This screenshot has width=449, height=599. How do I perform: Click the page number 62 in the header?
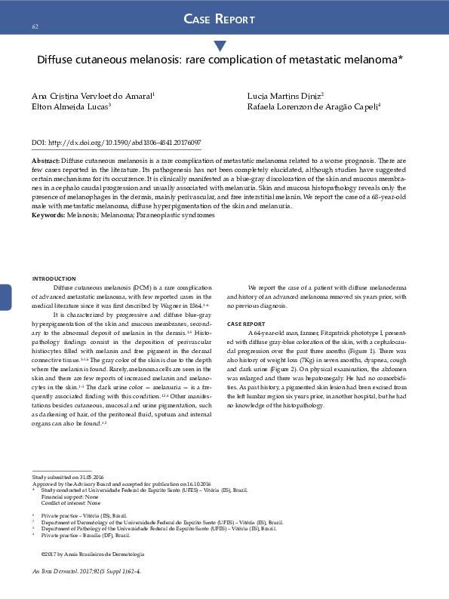[x=35, y=27]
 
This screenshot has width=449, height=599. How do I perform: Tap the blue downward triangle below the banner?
[x=220, y=47]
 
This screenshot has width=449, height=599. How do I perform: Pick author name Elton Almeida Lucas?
[x=71, y=107]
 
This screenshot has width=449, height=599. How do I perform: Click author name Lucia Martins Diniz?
[x=285, y=97]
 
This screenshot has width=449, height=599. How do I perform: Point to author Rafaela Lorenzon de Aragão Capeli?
[x=313, y=107]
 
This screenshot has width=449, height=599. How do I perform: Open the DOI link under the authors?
[x=116, y=142]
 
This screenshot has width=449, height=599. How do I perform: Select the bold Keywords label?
[x=48, y=215]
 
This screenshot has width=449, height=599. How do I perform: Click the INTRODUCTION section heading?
[x=54, y=279]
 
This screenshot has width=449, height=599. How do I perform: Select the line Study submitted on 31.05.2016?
[x=68, y=478]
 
